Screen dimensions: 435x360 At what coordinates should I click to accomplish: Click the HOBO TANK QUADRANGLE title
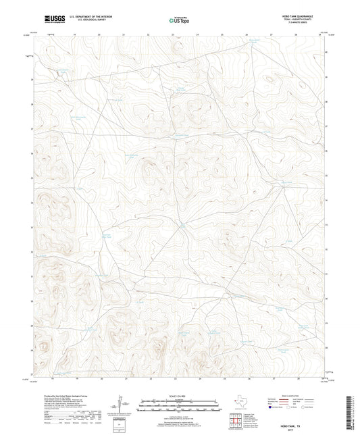coord(301,16)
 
